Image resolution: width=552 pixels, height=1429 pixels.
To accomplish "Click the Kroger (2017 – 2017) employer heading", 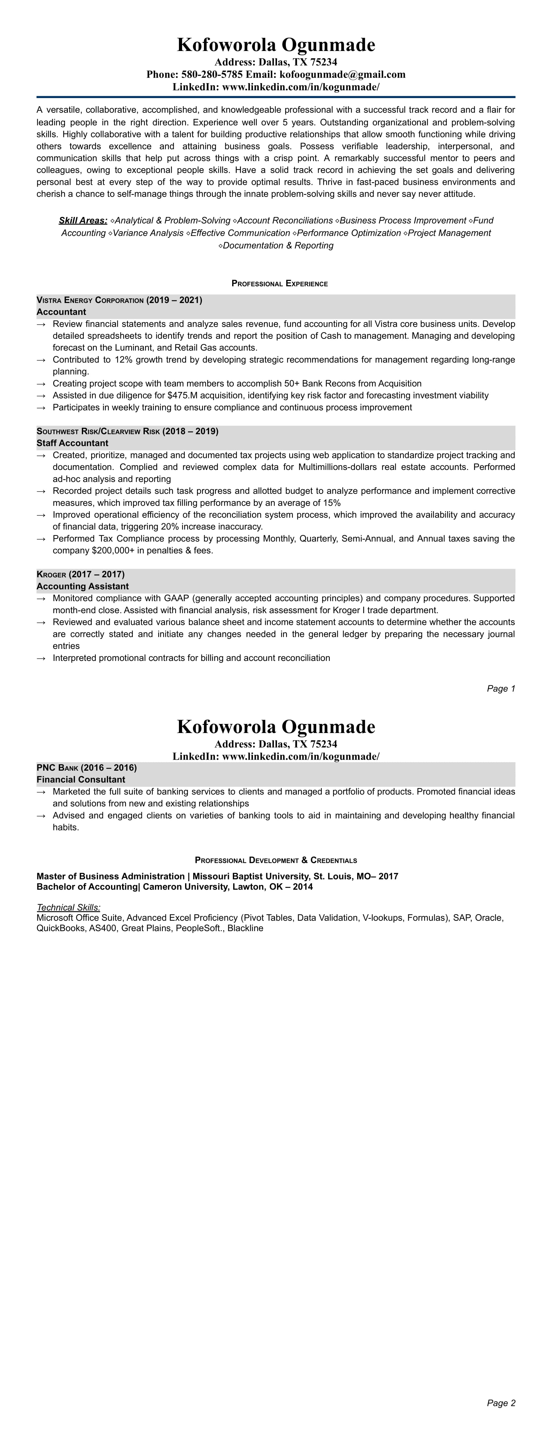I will pyautogui.click(x=81, y=574).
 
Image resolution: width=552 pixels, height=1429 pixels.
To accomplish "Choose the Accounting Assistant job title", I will pyautogui.click(x=83, y=586).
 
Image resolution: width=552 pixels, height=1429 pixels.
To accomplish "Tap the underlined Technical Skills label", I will pyautogui.click(x=68, y=907).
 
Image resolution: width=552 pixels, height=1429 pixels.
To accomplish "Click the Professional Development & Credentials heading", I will pyautogui.click(x=276, y=860).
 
